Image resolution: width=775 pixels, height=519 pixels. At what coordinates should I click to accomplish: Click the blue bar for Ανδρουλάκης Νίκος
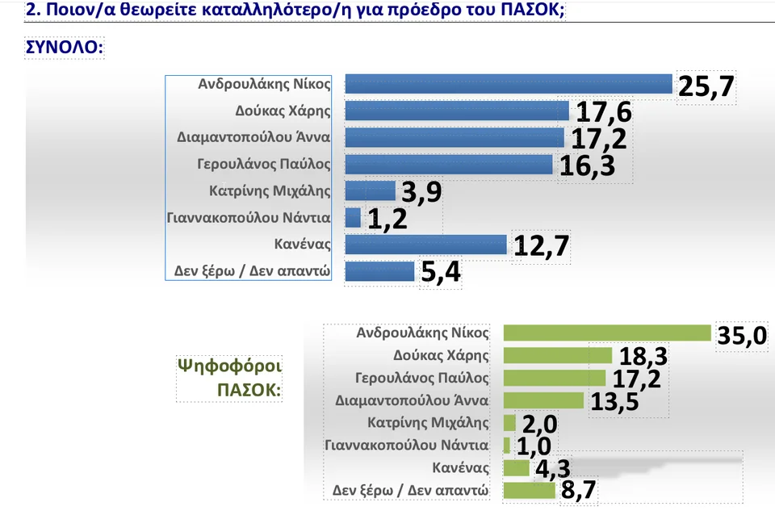[509, 84]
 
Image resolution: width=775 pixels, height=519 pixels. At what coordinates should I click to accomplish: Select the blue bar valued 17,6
[457, 111]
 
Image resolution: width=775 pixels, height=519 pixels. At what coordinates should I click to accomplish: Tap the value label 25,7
[706, 86]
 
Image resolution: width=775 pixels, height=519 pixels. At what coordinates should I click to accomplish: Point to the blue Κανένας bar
[425, 245]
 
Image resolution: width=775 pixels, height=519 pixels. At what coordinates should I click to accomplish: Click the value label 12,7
[542, 247]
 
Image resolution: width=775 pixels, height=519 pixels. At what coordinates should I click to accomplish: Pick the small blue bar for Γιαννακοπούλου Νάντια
[353, 218]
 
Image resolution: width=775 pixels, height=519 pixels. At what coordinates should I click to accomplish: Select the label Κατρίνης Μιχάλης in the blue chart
[266, 191]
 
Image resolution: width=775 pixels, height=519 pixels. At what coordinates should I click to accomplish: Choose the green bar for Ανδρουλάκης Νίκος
[607, 333]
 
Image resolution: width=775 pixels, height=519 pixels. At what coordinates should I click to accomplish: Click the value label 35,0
[742, 336]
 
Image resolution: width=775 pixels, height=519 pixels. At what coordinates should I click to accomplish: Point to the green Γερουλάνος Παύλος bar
[555, 378]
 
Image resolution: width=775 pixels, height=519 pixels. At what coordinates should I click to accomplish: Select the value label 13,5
[614, 402]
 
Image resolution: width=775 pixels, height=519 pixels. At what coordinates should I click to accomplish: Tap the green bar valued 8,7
[529, 490]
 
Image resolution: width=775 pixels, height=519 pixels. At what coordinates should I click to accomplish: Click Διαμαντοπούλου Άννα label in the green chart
[412, 400]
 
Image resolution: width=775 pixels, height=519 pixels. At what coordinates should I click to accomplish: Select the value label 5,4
[441, 273]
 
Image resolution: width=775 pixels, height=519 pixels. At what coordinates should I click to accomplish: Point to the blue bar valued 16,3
[449, 165]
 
